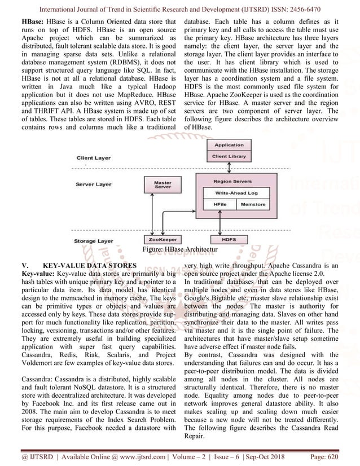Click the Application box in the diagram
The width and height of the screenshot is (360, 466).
pyautogui.click(x=229, y=145)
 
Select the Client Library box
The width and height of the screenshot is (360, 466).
pyautogui.click(x=229, y=156)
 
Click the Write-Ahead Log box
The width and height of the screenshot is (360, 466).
pyautogui.click(x=236, y=193)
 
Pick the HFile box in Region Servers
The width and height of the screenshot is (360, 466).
pyautogui.click(x=216, y=204)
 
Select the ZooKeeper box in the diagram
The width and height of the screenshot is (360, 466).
pyautogui.click(x=159, y=239)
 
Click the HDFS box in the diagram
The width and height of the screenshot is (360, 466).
pyautogui.click(x=229, y=239)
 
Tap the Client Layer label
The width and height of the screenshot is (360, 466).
pyautogui.click(x=93, y=158)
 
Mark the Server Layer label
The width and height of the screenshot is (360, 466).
pyautogui.click(x=94, y=184)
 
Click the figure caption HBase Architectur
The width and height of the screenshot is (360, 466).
pyautogui.click(x=180, y=249)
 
